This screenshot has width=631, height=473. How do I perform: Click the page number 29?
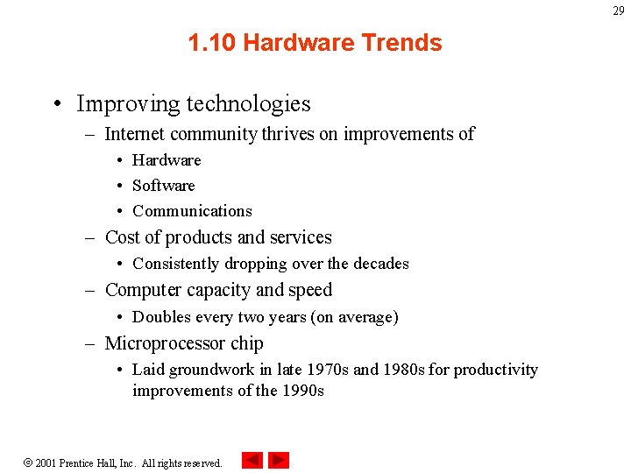point(619,11)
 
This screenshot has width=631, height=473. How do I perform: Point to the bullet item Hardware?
point(167,160)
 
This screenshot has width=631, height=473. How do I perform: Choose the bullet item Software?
point(164,186)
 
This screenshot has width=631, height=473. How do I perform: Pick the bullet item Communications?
point(192,211)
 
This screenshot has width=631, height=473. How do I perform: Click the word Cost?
point(122,237)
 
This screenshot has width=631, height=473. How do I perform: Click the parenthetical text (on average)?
point(354,317)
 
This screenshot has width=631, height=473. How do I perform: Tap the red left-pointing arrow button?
point(252,460)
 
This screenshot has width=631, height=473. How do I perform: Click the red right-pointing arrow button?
point(279,460)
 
